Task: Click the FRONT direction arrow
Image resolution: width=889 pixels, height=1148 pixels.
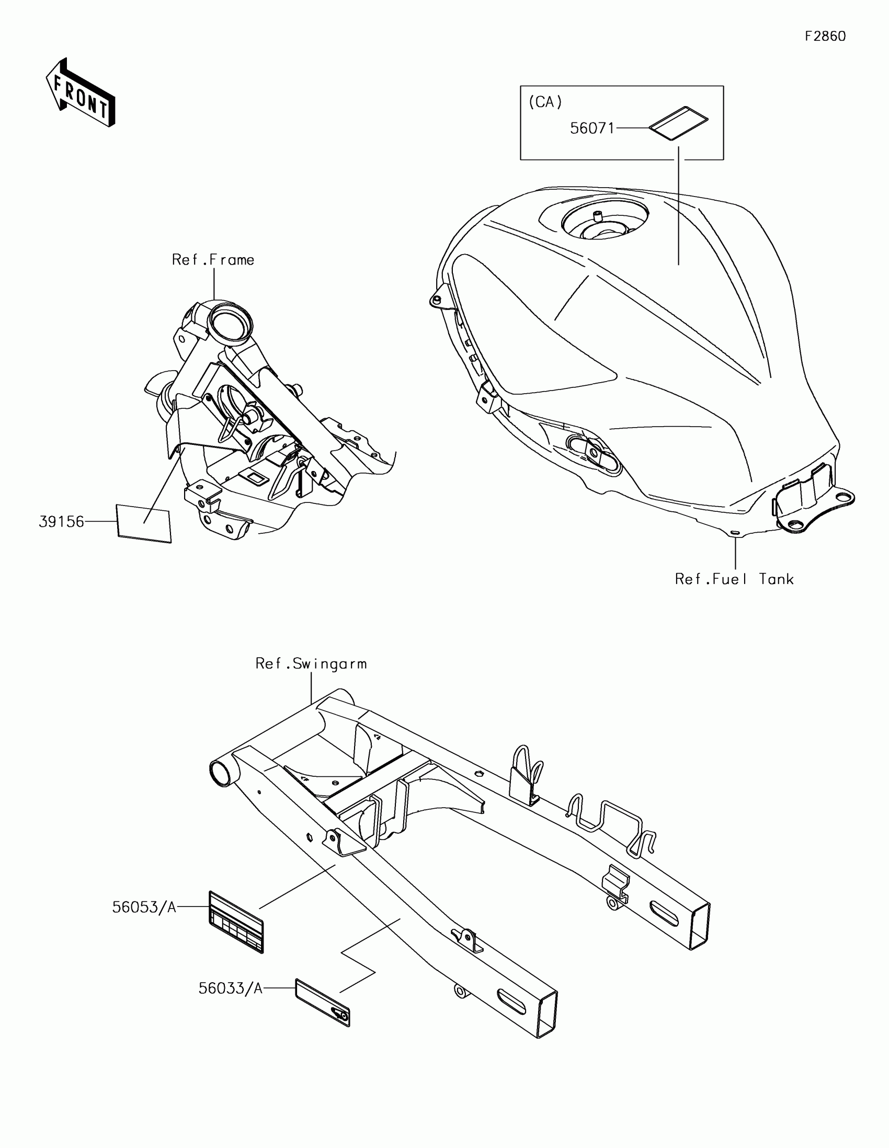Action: (x=81, y=93)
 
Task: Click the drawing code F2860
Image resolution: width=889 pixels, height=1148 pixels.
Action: (x=825, y=36)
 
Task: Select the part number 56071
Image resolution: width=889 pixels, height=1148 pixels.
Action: (x=592, y=128)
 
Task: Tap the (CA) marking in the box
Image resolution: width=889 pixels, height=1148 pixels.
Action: (x=545, y=102)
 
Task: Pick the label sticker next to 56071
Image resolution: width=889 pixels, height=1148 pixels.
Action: (x=679, y=124)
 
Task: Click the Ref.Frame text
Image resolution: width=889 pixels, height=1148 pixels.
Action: (x=213, y=260)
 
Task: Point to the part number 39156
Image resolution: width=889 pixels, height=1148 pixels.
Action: (x=62, y=521)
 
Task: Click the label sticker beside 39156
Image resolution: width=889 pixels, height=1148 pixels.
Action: (x=144, y=523)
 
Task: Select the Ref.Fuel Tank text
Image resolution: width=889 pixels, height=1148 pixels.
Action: (x=734, y=579)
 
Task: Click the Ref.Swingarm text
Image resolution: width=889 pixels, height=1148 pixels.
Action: (x=311, y=664)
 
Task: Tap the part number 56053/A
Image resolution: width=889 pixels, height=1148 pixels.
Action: (x=144, y=907)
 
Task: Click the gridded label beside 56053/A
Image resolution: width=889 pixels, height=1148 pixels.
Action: (x=236, y=922)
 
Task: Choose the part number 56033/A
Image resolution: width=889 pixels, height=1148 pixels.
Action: (x=230, y=988)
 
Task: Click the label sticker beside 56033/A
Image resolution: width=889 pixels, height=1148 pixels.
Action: (x=323, y=1002)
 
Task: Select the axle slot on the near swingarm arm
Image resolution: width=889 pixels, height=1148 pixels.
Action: (x=510, y=1003)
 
